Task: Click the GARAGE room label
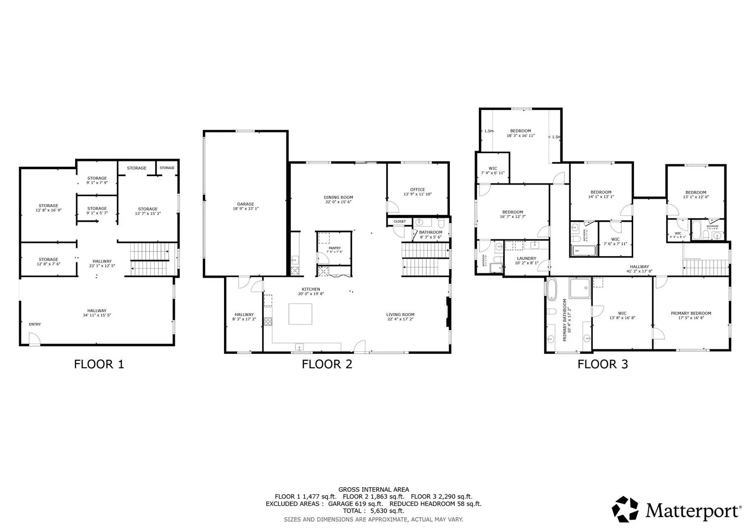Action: coord(246,204)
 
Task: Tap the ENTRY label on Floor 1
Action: coord(35,324)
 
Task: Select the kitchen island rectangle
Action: coord(300,314)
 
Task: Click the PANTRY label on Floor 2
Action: coord(334,248)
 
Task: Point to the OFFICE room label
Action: coord(417,189)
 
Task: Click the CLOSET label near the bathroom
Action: coord(400,222)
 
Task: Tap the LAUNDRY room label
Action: coord(527,259)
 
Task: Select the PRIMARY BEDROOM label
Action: coord(691,313)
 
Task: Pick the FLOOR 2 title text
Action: coord(327,364)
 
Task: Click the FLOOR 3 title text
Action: coord(603,364)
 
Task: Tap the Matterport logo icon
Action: coord(625,509)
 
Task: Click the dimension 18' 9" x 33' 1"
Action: coord(246,209)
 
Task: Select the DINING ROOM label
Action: coord(338,197)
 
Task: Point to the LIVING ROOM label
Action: coord(400,315)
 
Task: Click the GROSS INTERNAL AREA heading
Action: coord(374,489)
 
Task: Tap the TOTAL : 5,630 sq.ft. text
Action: coord(374,511)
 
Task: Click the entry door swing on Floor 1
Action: coord(34,339)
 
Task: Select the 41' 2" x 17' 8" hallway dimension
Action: coord(639,271)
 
